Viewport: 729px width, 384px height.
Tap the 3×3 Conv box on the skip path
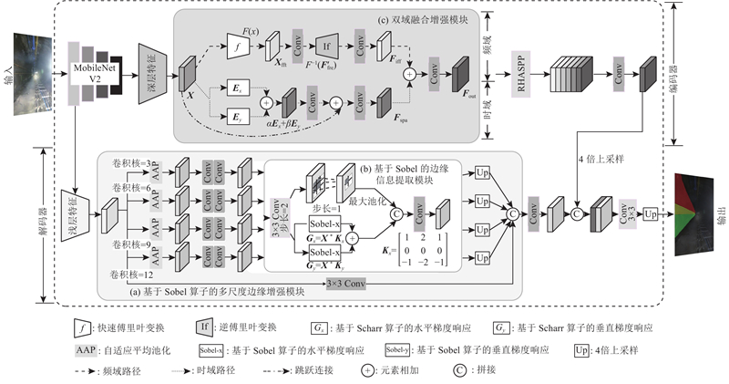[x=351, y=284]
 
